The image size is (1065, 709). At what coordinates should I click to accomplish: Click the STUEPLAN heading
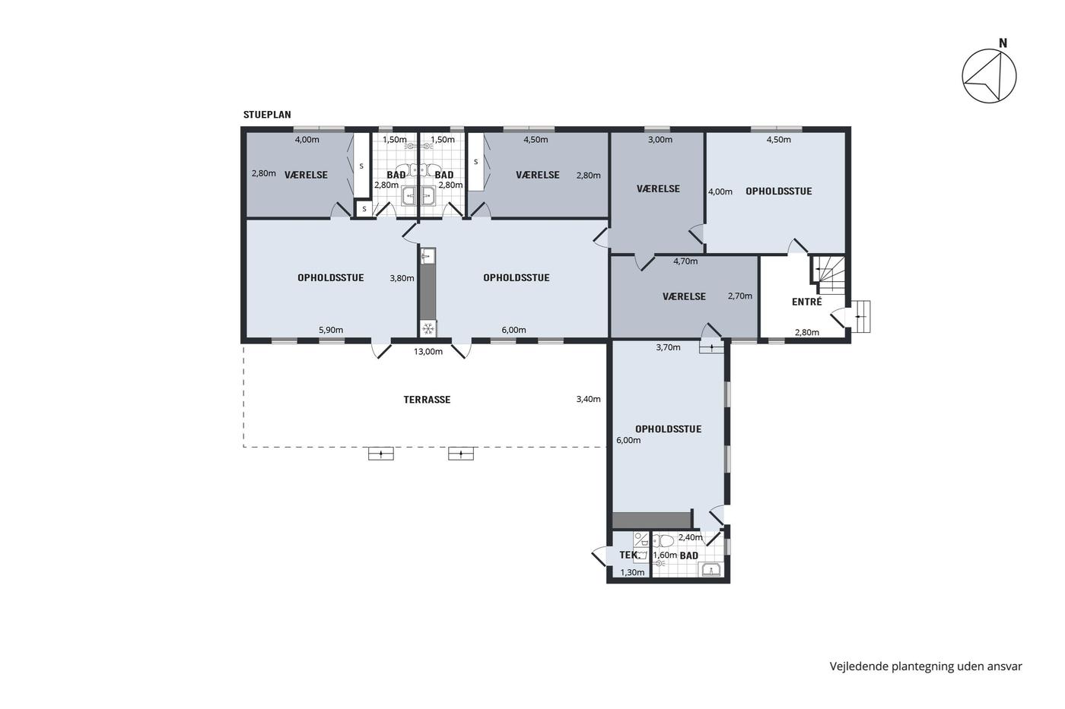[x=267, y=115]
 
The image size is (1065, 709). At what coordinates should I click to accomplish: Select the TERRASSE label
[x=427, y=400]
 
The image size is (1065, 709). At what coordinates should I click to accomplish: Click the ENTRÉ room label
[x=807, y=302]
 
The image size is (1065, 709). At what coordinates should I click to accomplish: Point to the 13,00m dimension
[x=428, y=352]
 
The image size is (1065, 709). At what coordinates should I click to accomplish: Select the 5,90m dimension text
[x=331, y=330]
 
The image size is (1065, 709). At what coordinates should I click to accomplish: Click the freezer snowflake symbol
[x=428, y=328]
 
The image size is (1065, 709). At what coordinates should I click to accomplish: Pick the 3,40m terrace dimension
[x=589, y=400]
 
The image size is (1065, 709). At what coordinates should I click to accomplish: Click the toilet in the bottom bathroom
[x=663, y=541]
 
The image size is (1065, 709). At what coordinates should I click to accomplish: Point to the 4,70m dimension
[x=685, y=261]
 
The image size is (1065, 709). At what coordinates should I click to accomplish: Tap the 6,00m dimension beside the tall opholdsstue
[x=628, y=440]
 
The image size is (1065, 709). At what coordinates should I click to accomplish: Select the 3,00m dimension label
[x=660, y=140]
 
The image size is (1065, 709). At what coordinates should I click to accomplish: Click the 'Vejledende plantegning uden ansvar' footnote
[x=926, y=666]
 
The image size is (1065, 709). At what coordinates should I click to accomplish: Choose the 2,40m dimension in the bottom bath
[x=691, y=537]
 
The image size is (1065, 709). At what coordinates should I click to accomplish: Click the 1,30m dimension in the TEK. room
[x=632, y=573]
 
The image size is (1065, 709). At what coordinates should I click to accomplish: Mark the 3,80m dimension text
[x=402, y=278]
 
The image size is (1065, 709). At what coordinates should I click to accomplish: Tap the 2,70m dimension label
[x=740, y=296]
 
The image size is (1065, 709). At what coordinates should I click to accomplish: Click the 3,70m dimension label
[x=668, y=347]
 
